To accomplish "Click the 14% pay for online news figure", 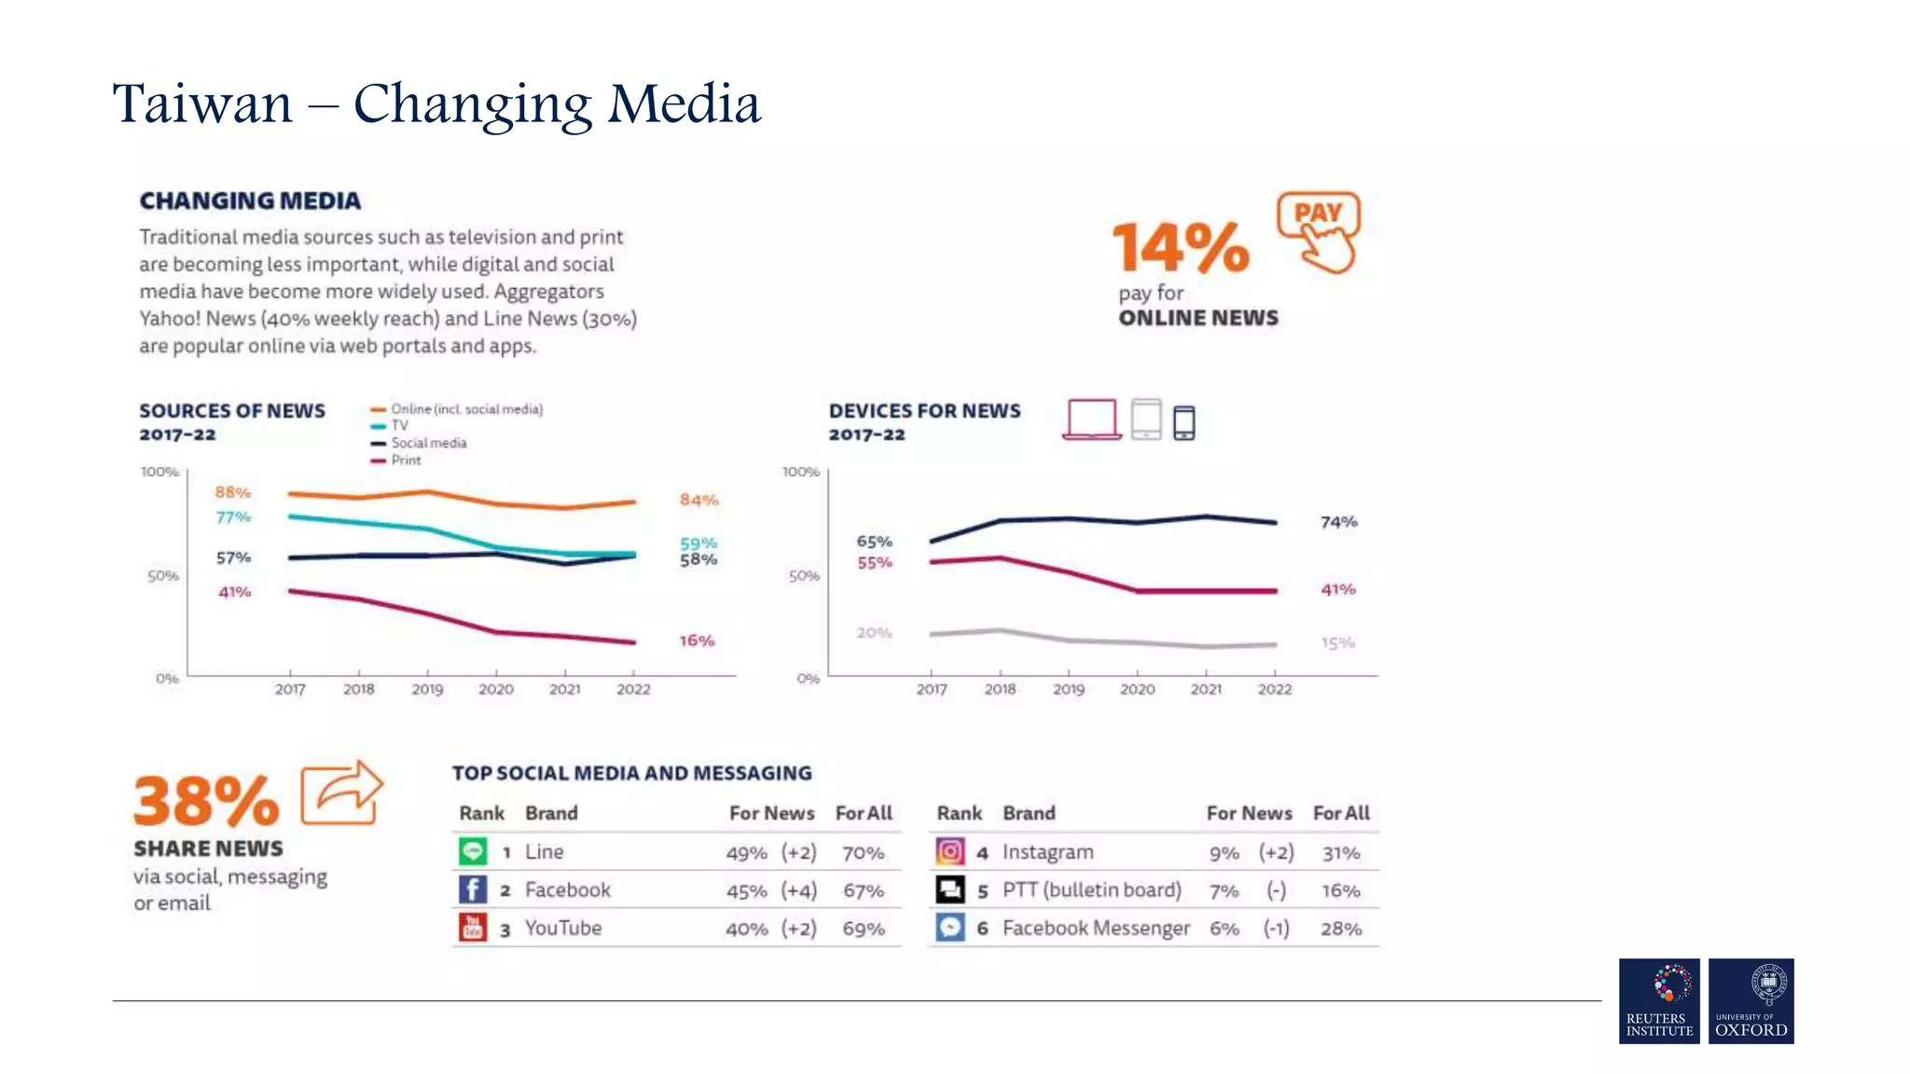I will point(1181,247).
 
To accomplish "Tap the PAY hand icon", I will point(1319,232).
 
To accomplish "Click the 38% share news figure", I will point(206,801).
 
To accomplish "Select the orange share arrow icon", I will point(341,793).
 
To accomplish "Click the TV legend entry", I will point(399,425).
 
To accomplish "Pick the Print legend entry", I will point(406,461).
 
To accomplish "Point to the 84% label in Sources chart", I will point(699,500).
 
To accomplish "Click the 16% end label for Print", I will point(697,640).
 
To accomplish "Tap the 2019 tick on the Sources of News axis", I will point(427,689).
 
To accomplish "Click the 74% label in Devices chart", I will point(1338,522).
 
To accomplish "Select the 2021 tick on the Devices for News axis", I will point(1206,689).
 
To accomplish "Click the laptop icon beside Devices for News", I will point(1092,420).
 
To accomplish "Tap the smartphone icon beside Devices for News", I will point(1183,423).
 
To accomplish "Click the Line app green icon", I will point(473,851).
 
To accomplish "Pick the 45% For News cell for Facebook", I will point(746,891).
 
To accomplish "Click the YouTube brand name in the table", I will point(562,929).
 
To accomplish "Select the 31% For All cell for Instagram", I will point(1340,853).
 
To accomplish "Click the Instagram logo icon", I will point(949,851).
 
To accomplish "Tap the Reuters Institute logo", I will point(1659,1000).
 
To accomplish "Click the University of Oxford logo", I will point(1751,1000).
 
